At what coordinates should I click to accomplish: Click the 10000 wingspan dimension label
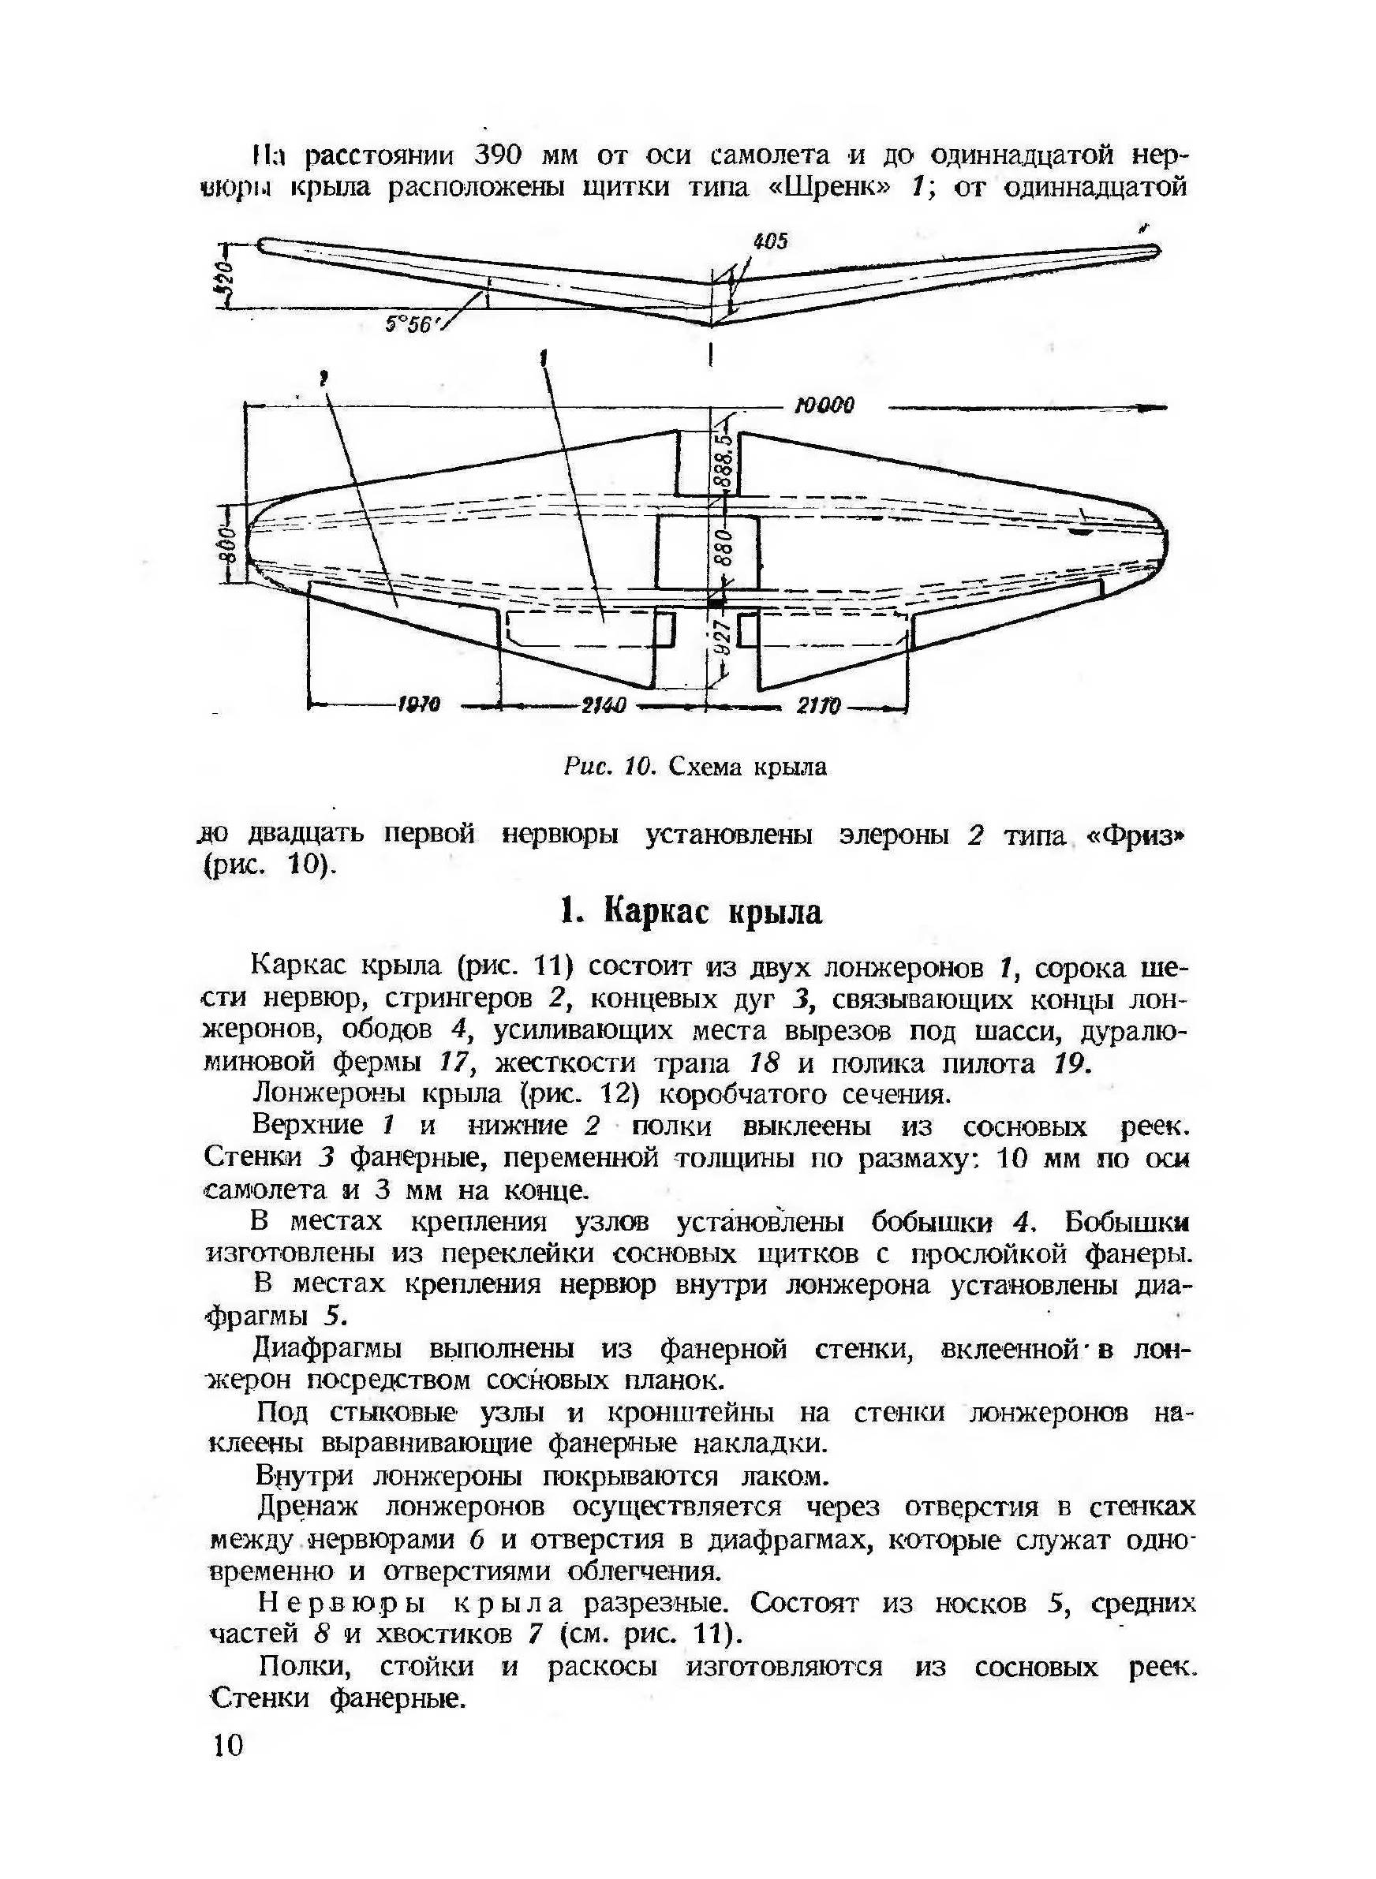[x=824, y=406]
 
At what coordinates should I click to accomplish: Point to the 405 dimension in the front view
[x=769, y=241]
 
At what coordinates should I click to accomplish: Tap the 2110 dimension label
[x=818, y=706]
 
